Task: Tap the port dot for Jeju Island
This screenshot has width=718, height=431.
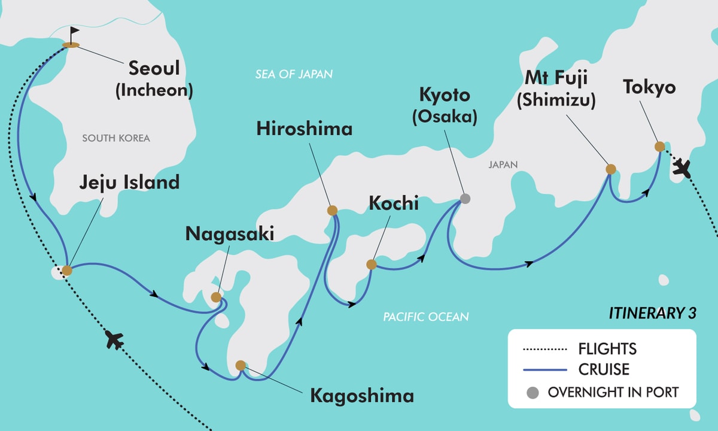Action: (x=67, y=271)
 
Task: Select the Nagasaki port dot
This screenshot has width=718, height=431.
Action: (x=216, y=297)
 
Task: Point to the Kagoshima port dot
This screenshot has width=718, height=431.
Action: (x=241, y=365)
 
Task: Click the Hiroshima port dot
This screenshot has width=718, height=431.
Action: (x=332, y=210)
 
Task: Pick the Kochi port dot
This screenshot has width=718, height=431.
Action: (x=371, y=264)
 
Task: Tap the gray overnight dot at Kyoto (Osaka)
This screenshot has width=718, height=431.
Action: (x=465, y=199)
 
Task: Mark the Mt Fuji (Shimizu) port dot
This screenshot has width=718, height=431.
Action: (x=610, y=169)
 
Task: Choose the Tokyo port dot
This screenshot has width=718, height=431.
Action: (x=659, y=146)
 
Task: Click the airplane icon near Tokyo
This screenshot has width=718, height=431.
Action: (x=681, y=168)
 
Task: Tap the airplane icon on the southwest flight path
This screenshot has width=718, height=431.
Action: (x=114, y=340)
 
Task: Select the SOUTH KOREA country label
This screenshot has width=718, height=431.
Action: (x=116, y=138)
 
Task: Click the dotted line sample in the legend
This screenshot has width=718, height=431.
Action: (x=544, y=348)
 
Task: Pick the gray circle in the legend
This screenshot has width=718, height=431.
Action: (x=533, y=393)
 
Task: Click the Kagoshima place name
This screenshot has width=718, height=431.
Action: (x=361, y=396)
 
